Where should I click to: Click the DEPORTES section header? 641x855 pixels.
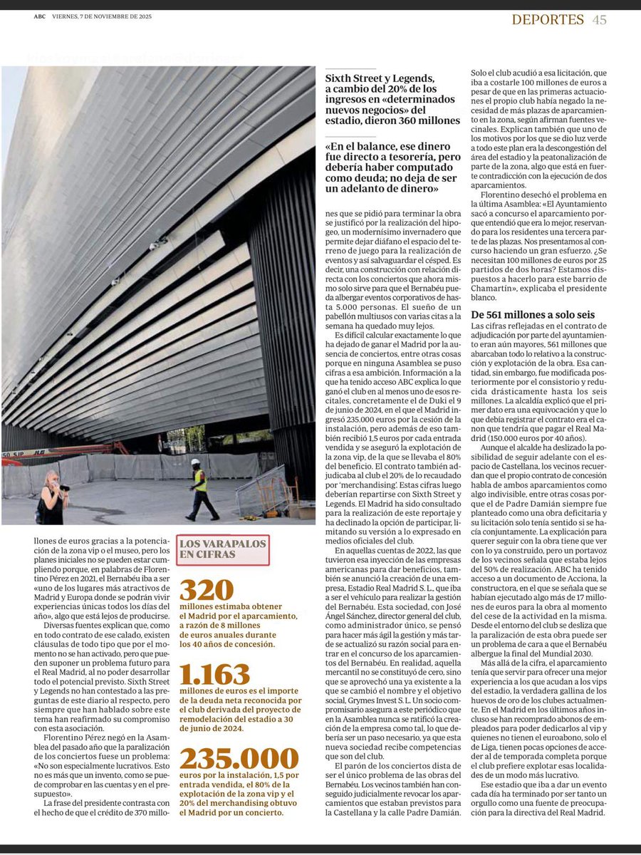tap(548, 20)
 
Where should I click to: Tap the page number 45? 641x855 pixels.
tap(599, 20)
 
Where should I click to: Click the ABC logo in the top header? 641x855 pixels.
tap(39, 20)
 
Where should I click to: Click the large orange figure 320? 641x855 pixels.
tap(207, 591)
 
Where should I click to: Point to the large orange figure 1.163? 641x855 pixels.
tap(214, 675)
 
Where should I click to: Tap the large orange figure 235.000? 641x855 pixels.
tap(239, 759)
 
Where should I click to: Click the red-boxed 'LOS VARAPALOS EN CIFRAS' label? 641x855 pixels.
tap(224, 550)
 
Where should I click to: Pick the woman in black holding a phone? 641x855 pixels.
tap(51, 499)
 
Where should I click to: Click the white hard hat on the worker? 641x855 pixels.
tap(196, 463)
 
